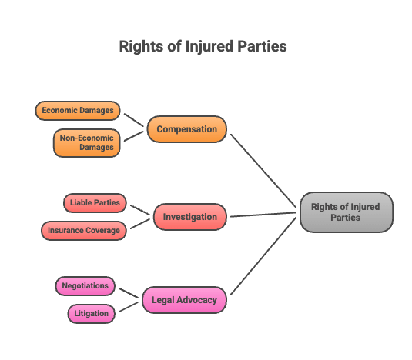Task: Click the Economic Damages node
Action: pyautogui.click(x=78, y=111)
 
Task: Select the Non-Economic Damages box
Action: pyautogui.click(x=87, y=143)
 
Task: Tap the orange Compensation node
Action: pyautogui.click(x=187, y=129)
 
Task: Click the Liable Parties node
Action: pyautogui.click(x=95, y=203)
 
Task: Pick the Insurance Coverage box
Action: pyautogui.click(x=84, y=231)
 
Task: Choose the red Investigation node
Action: pyautogui.click(x=190, y=217)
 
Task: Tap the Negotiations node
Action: pyautogui.click(x=85, y=286)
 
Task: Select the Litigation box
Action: pyautogui.click(x=92, y=314)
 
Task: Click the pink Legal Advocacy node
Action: pyautogui.click(x=184, y=300)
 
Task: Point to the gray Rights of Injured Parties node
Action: pyautogui.click(x=347, y=212)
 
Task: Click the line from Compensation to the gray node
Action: pyautogui.click(x=263, y=171)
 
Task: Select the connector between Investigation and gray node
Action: pyautogui.click(x=263, y=215)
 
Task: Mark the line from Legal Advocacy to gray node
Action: pyautogui.click(x=263, y=256)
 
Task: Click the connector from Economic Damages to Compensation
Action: pyautogui.click(x=133, y=120)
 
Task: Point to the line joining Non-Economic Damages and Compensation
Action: pyautogui.click(x=133, y=136)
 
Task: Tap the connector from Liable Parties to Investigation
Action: pyautogui.click(x=140, y=210)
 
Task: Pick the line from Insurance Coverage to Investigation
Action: pyautogui.click(x=140, y=224)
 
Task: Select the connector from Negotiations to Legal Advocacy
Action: pyautogui.click(x=129, y=293)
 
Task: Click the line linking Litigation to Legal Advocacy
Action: pyautogui.click(x=129, y=307)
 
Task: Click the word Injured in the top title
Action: pyautogui.click(x=209, y=47)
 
